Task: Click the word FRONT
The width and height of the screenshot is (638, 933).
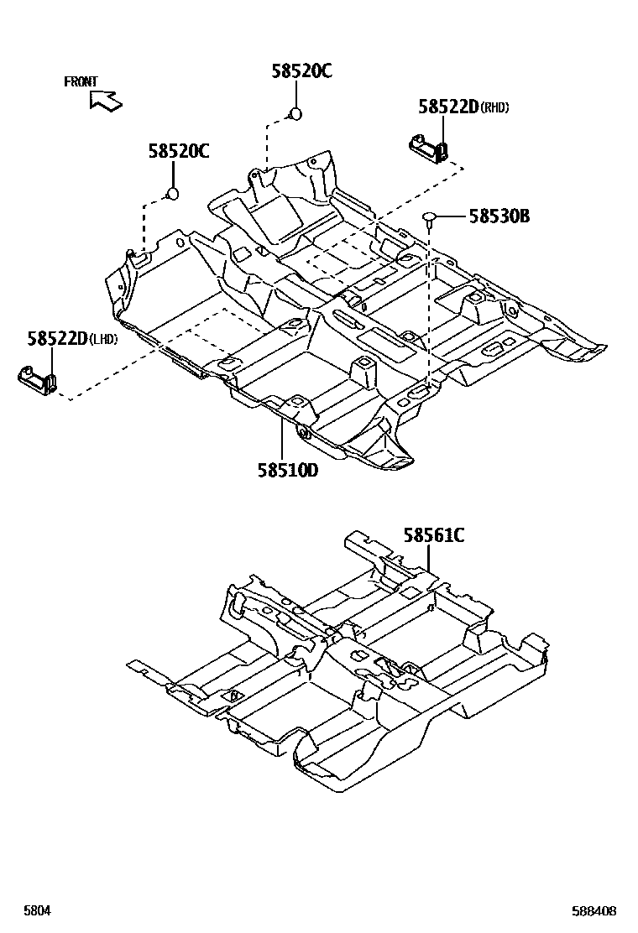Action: point(81,81)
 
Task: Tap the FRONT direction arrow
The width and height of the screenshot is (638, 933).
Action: point(106,101)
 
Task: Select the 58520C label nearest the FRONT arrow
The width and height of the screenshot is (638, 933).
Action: point(179,151)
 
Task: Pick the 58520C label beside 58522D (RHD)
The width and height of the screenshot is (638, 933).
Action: point(301,71)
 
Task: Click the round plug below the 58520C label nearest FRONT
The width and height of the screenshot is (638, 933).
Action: point(173,195)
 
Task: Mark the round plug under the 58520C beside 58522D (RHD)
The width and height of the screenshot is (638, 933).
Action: point(294,114)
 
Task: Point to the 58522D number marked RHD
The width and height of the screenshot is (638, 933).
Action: point(447,107)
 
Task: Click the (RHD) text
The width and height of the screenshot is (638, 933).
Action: point(494,107)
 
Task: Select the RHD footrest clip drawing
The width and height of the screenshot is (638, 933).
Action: point(427,149)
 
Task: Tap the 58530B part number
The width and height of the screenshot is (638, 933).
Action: point(499,216)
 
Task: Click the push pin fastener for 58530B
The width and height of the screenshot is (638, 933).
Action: point(430,218)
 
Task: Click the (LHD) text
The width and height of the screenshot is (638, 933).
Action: point(102,339)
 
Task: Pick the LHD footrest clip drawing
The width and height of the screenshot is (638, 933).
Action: point(38,378)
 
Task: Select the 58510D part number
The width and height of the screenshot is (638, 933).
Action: point(288,470)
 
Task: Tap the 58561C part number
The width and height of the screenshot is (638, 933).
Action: point(433,534)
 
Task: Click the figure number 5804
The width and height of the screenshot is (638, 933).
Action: point(34,910)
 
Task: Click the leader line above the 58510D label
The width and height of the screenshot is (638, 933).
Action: point(284,437)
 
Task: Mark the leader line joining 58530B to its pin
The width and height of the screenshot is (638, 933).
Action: point(452,217)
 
